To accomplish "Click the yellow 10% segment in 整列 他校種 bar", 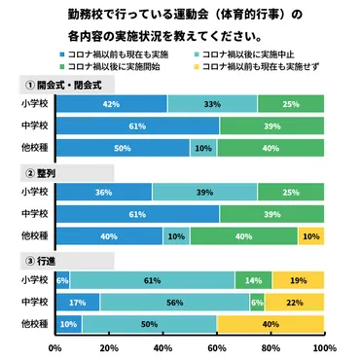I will tap(310, 235).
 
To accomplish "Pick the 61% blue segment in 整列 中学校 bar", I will tap(137, 213).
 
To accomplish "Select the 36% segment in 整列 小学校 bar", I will tap(103, 191).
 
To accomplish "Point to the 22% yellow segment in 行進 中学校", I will tap(296, 302).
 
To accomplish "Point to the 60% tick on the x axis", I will tap(216, 347).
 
